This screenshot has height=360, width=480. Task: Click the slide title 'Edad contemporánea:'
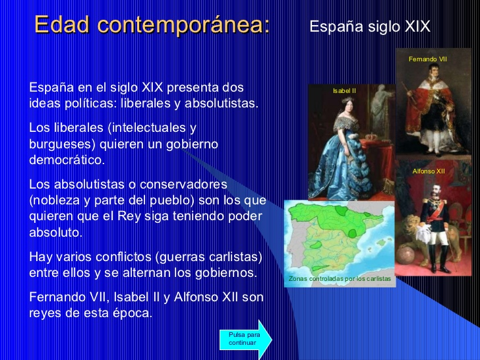point(152,24)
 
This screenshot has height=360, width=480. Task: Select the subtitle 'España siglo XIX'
point(370,26)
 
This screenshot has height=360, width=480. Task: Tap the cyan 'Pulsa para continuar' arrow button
point(245,339)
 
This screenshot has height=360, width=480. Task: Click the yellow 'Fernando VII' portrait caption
point(428,59)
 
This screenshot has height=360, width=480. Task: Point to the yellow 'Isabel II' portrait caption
point(344,90)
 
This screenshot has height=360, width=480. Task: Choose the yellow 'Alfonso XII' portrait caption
point(429,171)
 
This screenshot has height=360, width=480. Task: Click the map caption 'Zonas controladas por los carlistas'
point(340,278)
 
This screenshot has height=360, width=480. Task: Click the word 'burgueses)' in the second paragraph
point(63,144)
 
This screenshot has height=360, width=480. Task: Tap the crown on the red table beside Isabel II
point(371,136)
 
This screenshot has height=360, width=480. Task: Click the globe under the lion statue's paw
point(405,254)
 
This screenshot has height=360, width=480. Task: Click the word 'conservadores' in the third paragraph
point(183,185)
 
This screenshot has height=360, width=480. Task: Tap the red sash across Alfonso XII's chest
point(437,211)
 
